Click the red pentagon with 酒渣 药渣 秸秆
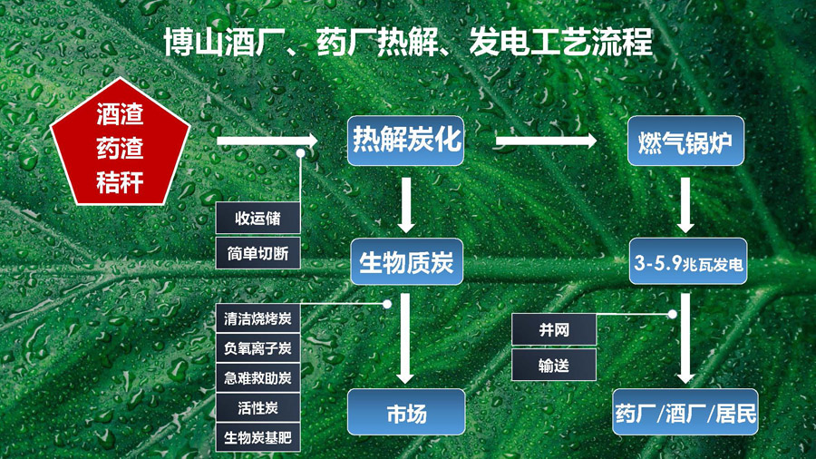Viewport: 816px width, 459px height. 121,144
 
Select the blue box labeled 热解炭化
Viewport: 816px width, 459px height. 405,141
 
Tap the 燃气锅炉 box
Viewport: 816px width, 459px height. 685,141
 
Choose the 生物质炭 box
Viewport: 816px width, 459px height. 406,261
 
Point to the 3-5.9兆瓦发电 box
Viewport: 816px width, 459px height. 688,261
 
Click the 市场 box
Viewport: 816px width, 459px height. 406,412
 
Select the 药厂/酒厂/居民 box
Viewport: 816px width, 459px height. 685,412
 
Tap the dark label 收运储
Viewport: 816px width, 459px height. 257,218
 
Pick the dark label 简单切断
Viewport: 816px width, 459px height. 257,253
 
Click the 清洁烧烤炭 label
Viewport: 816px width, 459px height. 257,318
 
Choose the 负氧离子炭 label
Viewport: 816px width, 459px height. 257,347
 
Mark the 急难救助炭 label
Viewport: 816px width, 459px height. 257,378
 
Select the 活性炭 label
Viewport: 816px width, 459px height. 257,407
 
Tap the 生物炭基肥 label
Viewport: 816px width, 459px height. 257,437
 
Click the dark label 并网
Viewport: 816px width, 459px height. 554,329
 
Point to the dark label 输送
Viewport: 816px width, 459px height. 554,366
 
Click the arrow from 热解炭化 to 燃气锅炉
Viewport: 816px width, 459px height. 546,141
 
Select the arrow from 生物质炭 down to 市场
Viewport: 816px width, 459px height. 405,338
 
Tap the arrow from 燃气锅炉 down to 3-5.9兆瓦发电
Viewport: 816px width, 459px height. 685,205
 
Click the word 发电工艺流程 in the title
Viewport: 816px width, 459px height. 560,42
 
